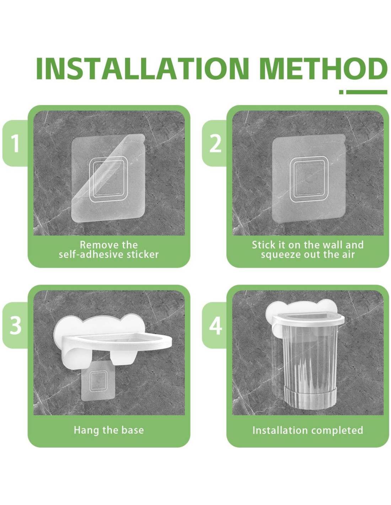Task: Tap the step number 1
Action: pyautogui.click(x=15, y=144)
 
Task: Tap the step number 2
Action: pyautogui.click(x=215, y=144)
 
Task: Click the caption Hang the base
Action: pyautogui.click(x=109, y=430)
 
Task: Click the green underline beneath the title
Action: pyautogui.click(x=363, y=92)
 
